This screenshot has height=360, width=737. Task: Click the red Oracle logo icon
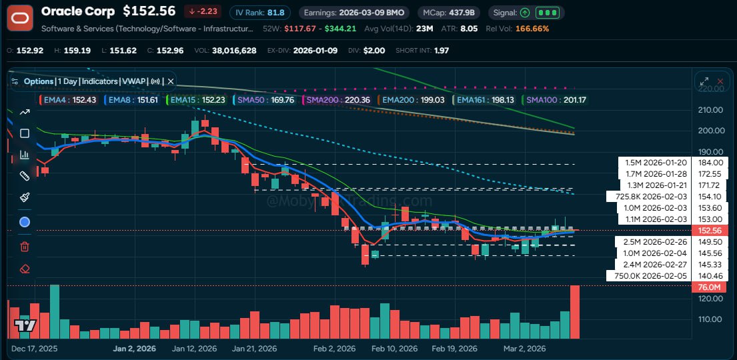point(20,18)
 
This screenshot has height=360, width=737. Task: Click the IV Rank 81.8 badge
point(260,13)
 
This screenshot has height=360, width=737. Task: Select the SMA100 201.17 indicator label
point(556,100)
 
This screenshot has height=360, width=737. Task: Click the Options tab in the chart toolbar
point(38,81)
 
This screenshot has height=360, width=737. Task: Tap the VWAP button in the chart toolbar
point(133,81)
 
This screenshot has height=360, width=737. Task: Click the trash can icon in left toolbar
point(25,247)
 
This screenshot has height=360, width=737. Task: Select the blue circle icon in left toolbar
point(25,222)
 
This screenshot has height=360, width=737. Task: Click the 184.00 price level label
point(710,163)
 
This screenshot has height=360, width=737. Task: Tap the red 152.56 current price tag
point(709,230)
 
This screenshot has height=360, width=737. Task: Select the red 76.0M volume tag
point(709,287)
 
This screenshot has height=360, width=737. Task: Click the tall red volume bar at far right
point(575,311)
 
